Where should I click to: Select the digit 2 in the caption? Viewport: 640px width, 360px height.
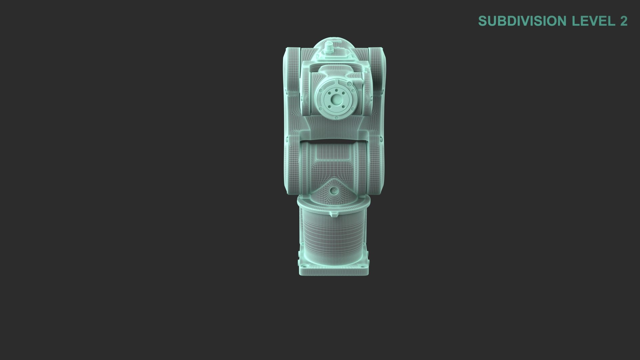pyautogui.click(x=624, y=21)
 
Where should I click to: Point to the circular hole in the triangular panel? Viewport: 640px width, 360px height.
pyautogui.click(x=334, y=191)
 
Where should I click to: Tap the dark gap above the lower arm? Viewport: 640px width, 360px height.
pyautogui.click(x=333, y=139)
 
